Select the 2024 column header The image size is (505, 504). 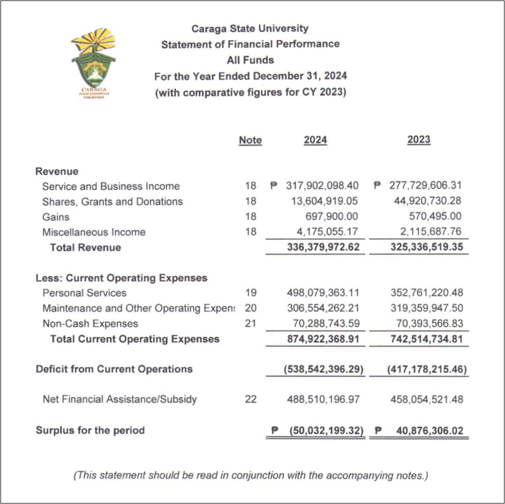click(x=315, y=140)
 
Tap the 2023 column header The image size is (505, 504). click(x=419, y=140)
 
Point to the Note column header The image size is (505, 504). click(x=250, y=140)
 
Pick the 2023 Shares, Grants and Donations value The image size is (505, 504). click(x=427, y=201)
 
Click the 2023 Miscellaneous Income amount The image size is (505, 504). click(x=430, y=232)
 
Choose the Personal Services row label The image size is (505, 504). click(x=84, y=293)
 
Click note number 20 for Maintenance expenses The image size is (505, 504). click(x=250, y=308)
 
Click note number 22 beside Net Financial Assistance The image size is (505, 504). click(x=250, y=399)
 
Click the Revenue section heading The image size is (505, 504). click(x=57, y=171)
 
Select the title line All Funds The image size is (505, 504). click(x=250, y=60)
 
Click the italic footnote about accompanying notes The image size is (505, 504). click(x=250, y=475)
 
